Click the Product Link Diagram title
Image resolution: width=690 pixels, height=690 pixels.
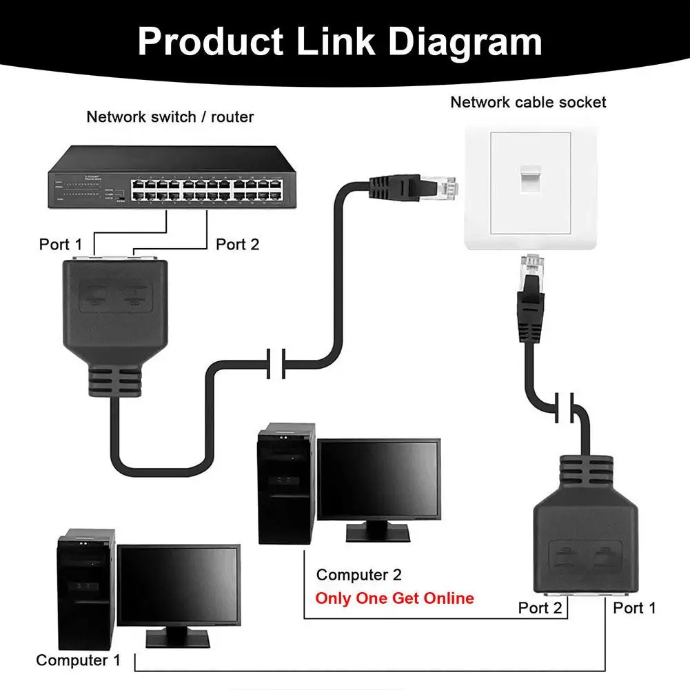pos(339,42)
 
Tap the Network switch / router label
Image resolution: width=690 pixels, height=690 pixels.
pos(170,116)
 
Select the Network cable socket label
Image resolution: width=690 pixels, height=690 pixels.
pos(528,102)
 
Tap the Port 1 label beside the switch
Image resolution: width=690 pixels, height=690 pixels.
pos(60,244)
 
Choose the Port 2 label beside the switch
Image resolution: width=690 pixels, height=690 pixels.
pos(238,244)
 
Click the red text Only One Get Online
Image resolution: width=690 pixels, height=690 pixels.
pos(394,598)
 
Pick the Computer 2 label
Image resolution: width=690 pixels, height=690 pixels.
pos(358,574)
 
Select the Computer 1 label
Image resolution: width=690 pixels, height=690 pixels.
pos(78,660)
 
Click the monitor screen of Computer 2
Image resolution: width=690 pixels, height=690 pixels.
pos(378,479)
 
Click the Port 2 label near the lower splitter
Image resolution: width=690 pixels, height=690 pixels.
pos(540,607)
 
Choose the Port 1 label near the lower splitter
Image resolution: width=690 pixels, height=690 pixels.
pos(634,607)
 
